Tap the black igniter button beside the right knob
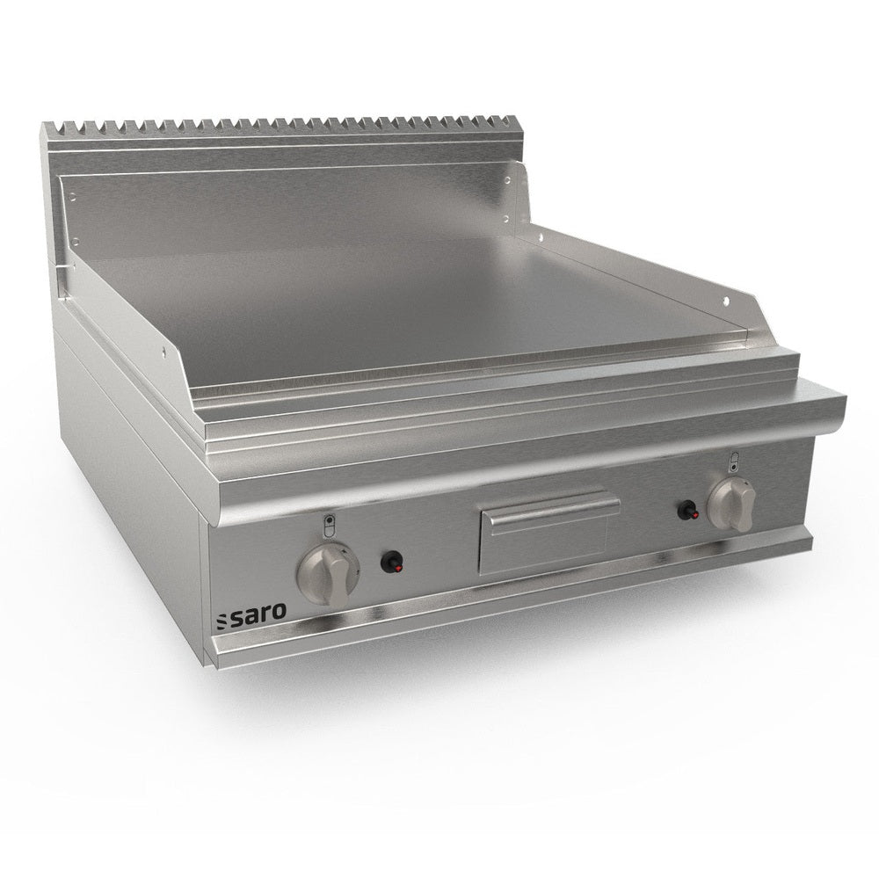click(688, 510)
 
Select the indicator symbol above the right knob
click(734, 462)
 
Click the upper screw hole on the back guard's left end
click(73, 196)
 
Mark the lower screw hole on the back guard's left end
click(75, 243)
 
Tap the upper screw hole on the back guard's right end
click(506, 180)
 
